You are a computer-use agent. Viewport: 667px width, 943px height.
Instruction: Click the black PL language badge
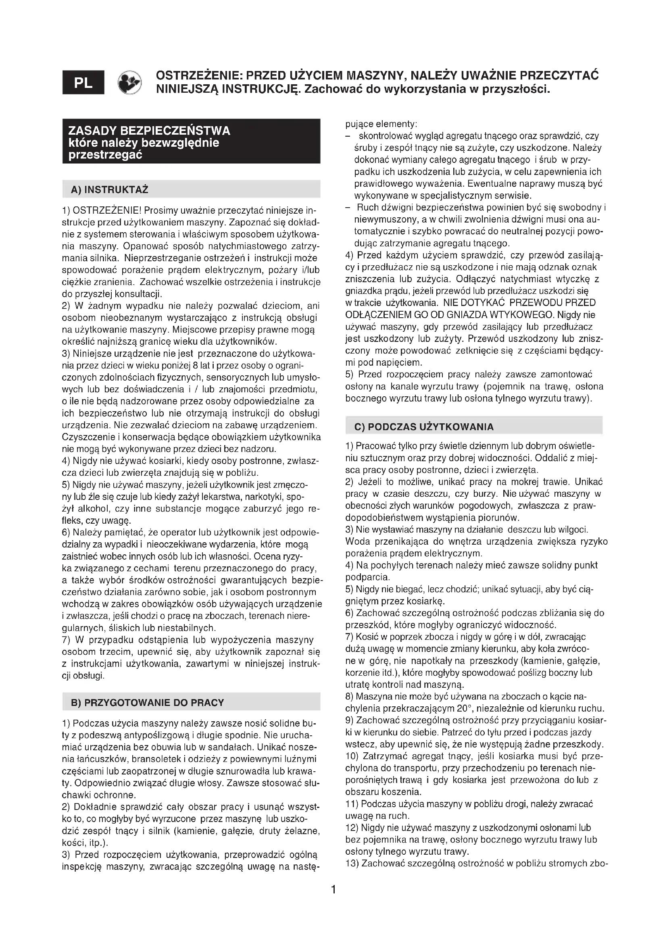pos(83,83)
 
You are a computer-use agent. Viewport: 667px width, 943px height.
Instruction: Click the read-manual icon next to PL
pos(129,82)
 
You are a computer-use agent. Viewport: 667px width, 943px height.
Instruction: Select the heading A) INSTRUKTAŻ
pos(110,190)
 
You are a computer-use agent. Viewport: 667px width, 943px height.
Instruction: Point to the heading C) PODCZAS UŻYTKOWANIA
pos(424,427)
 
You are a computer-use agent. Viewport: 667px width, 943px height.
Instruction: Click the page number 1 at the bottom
pos(333,890)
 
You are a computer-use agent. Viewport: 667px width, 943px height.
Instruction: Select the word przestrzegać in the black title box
pos(105,155)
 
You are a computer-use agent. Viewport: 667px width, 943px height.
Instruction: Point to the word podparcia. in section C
pos(362,577)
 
